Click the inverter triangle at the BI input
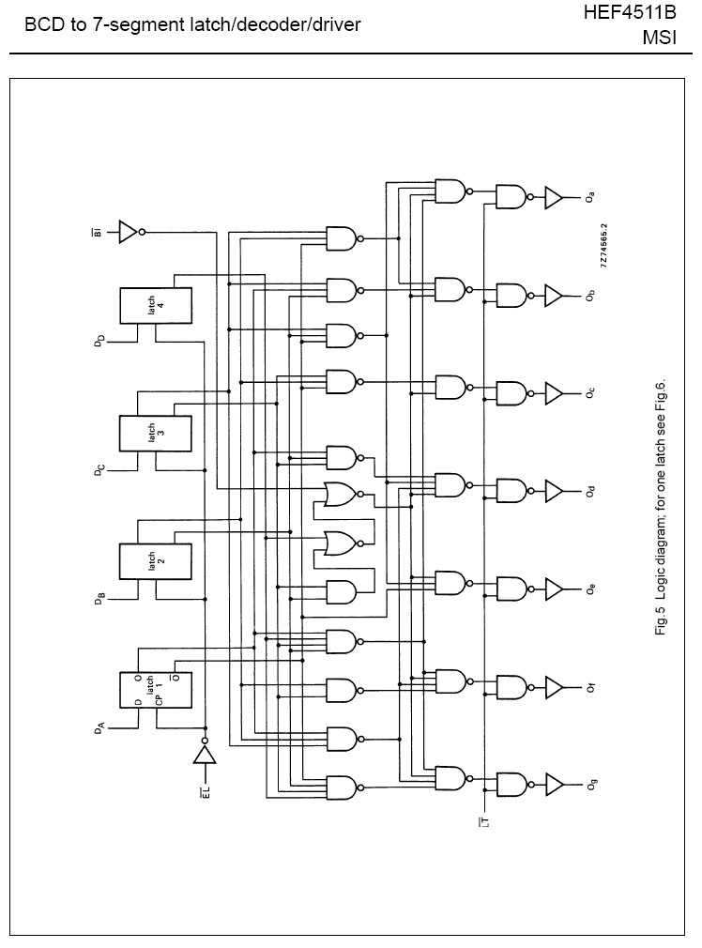point(129,232)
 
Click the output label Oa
point(590,197)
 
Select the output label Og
point(590,785)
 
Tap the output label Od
point(590,491)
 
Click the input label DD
point(99,341)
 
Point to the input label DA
point(99,728)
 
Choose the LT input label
point(484,821)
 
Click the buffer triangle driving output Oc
point(554,393)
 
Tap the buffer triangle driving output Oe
point(554,589)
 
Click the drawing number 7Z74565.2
point(604,246)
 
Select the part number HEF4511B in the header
point(630,13)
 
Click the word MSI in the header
point(659,38)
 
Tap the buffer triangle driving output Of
point(554,687)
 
